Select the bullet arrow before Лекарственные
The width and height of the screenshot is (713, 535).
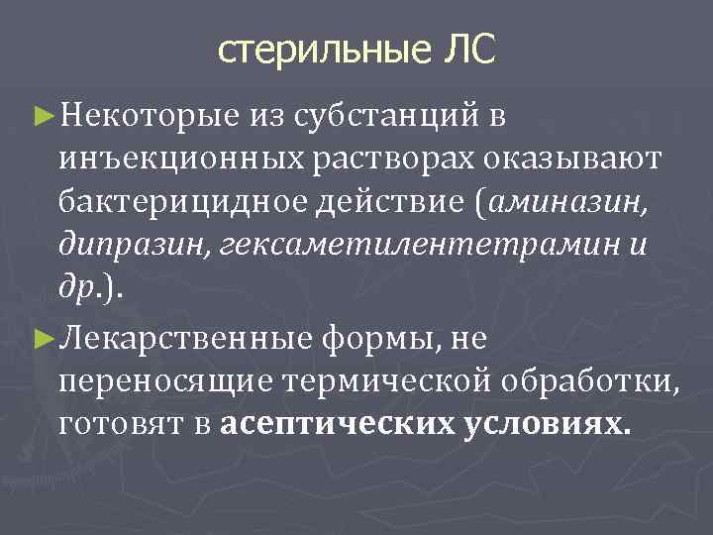click(40, 338)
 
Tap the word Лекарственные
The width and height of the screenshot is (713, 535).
click(185, 338)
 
